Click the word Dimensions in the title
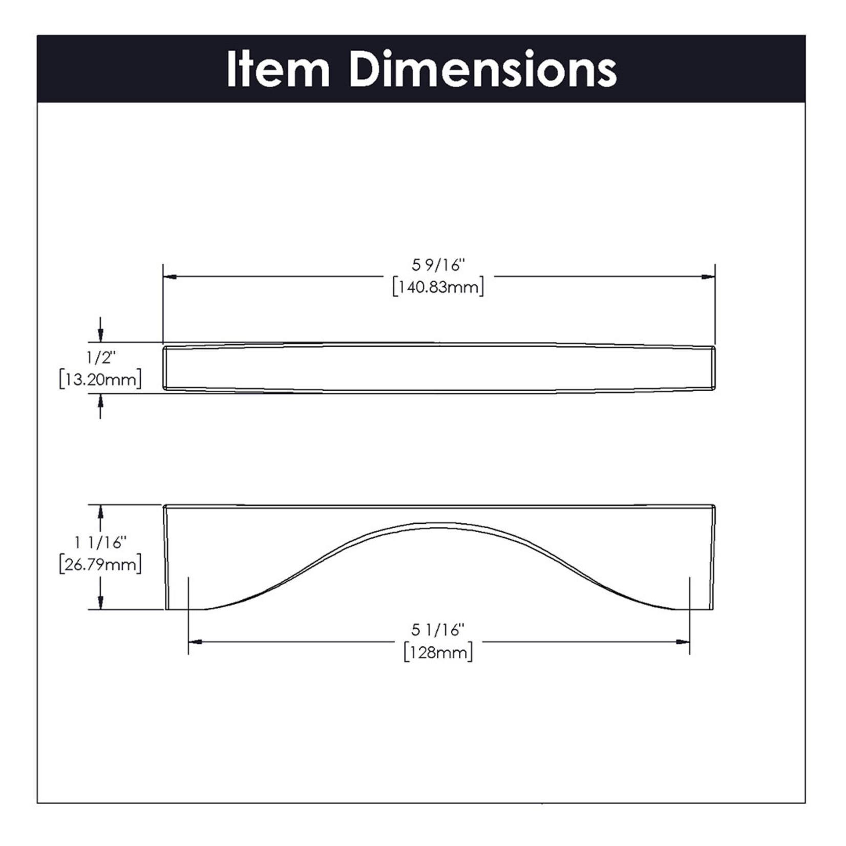pyautogui.click(x=483, y=70)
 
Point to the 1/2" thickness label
pyautogui.click(x=101, y=357)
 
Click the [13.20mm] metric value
pyautogui.click(x=100, y=380)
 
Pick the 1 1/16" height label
pyautogui.click(x=100, y=542)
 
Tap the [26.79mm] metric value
pyautogui.click(x=100, y=564)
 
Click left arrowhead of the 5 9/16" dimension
pyautogui.click(x=170, y=277)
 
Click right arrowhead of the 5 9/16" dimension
pyautogui.click(x=708, y=277)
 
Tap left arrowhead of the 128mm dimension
pyautogui.click(x=196, y=642)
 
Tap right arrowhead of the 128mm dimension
pyautogui.click(x=683, y=642)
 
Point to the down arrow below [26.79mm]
pyautogui.click(x=100, y=602)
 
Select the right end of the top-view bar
pyautogui.click(x=713, y=368)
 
